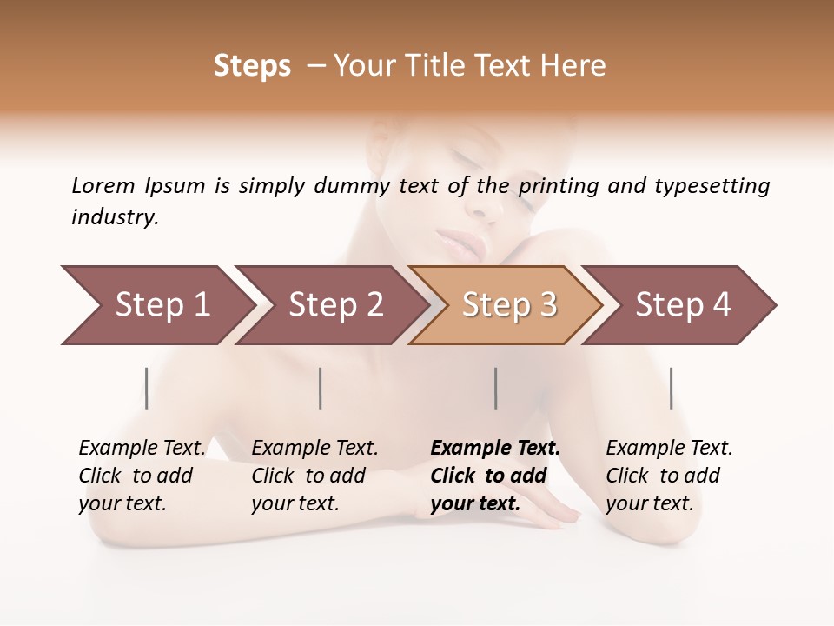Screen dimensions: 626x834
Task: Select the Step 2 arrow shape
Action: click(334, 305)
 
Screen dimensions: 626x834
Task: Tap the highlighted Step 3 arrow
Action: click(508, 305)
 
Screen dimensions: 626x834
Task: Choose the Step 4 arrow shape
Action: click(682, 305)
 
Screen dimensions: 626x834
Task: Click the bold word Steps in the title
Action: click(252, 66)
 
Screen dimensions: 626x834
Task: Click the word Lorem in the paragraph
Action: click(103, 185)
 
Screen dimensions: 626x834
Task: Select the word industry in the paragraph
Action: click(115, 217)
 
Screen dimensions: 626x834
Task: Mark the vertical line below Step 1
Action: click(147, 388)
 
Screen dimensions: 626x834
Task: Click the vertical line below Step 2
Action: click(321, 388)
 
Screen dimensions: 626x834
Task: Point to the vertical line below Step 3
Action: click(496, 388)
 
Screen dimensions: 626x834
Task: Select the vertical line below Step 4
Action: click(671, 388)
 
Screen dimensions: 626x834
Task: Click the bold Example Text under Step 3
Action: click(495, 449)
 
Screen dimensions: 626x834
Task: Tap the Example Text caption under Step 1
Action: click(142, 449)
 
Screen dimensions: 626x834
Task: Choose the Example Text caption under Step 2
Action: click(314, 449)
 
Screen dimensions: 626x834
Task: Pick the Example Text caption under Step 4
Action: click(669, 449)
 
